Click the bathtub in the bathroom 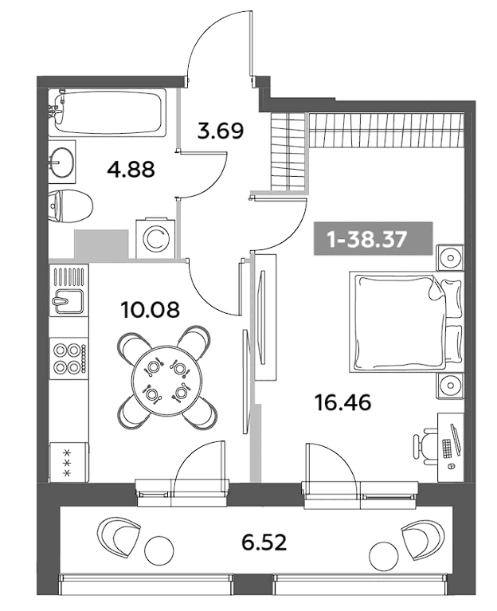(108, 112)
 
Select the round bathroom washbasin (62, 162)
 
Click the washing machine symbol (155, 238)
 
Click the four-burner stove (68, 358)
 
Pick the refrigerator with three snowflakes (68, 462)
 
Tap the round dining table (166, 378)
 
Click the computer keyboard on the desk (447, 448)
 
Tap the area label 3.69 (221, 131)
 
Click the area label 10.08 (151, 310)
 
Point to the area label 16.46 (342, 402)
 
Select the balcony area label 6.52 (264, 542)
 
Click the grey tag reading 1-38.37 (373, 238)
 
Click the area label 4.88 (131, 170)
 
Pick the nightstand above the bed (450, 257)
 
